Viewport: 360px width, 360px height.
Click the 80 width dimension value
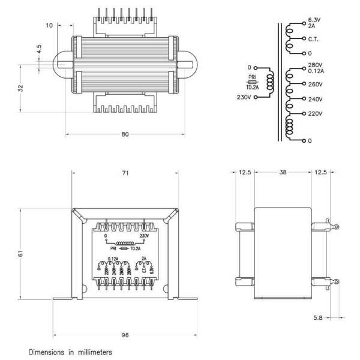tap(125, 134)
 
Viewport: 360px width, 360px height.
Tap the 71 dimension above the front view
tap(125, 173)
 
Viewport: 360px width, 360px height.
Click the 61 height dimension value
tap(21, 254)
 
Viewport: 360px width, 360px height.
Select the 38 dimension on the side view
tap(282, 172)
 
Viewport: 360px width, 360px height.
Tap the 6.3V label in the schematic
tap(315, 20)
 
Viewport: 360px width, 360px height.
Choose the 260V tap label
tap(315, 85)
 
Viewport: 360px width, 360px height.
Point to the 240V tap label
tap(315, 99)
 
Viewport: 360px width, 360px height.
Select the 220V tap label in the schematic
tap(315, 113)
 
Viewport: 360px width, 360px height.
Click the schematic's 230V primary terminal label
tap(244, 97)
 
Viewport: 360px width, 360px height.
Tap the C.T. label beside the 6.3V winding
tap(313, 40)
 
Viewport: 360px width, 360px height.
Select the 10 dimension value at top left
tap(49, 25)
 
